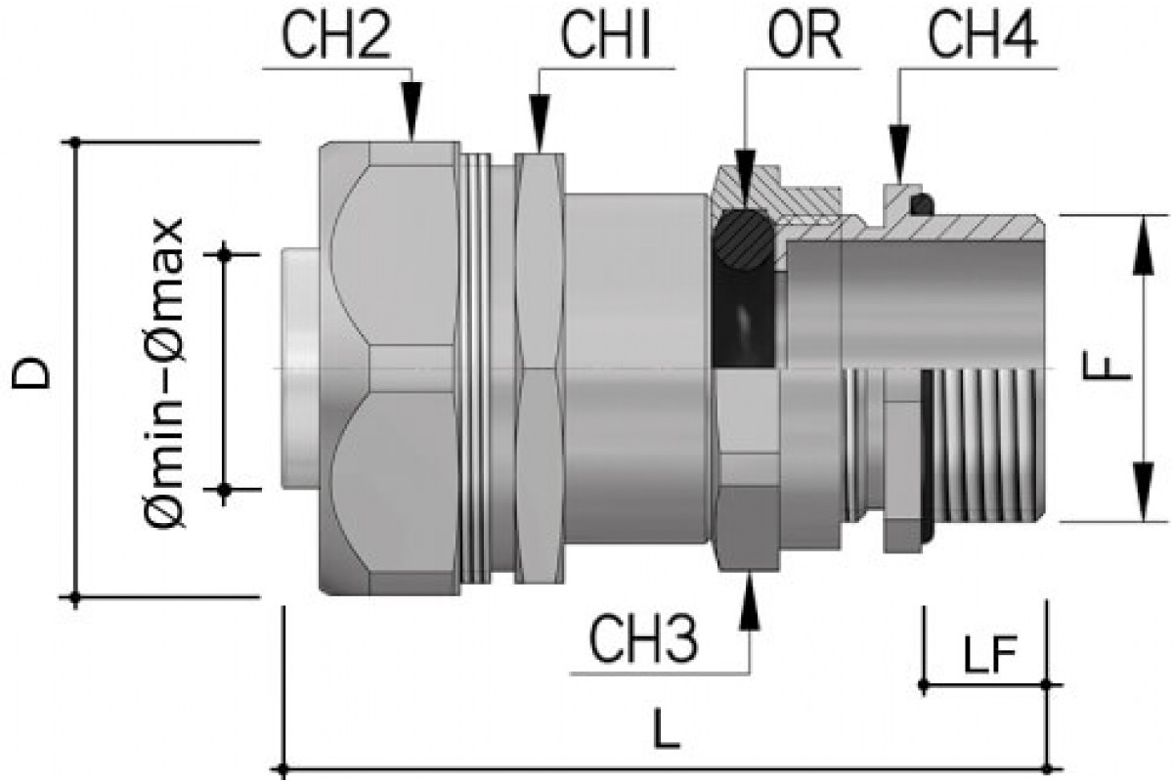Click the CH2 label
(x=336, y=39)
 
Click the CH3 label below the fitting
(x=643, y=642)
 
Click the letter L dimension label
(x=667, y=732)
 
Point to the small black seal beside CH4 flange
(x=922, y=204)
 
